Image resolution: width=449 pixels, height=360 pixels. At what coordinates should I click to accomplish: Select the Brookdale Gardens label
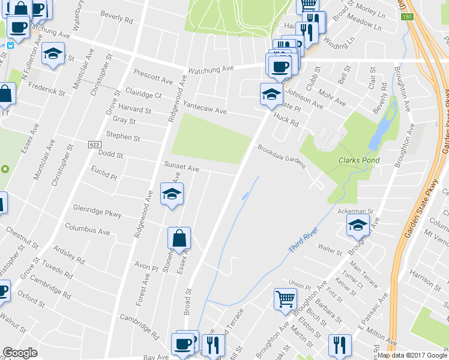(x=282, y=156)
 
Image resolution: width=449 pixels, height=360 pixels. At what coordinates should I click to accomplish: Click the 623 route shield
(x=94, y=145)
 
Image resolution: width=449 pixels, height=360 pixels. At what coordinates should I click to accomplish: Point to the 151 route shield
(x=407, y=17)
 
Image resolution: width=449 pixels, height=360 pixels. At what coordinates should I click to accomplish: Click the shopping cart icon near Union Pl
(x=285, y=299)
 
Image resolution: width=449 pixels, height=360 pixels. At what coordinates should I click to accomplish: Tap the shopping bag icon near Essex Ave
(x=179, y=238)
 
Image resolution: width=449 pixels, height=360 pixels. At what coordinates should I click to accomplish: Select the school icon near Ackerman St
(x=358, y=226)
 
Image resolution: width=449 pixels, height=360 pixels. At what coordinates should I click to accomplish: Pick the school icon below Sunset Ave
(x=172, y=194)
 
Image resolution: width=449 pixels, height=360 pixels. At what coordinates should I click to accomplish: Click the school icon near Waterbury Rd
(x=53, y=53)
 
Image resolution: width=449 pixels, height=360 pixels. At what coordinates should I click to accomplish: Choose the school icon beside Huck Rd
(x=271, y=94)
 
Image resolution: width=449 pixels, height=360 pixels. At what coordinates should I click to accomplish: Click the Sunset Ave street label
(x=181, y=169)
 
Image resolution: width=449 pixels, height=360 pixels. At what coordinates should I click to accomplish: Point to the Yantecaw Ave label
(x=205, y=107)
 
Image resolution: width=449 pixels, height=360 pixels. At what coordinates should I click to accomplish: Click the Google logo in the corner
(x=20, y=353)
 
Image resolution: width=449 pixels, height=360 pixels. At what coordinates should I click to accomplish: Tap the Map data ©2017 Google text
(x=412, y=355)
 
